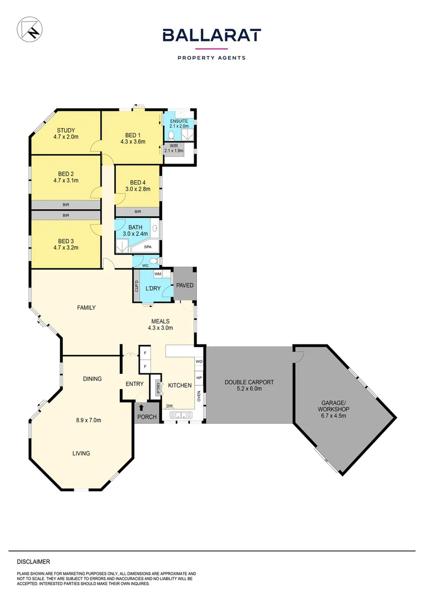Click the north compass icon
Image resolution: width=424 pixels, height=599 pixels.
29,29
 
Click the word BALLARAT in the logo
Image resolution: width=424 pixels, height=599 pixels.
211,35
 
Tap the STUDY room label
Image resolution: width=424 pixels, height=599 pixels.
64,130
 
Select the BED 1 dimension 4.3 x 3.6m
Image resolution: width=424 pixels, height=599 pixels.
133,141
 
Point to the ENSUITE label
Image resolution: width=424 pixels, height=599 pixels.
179,121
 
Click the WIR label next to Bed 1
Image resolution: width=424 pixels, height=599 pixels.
174,146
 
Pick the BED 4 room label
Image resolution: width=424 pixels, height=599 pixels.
138,182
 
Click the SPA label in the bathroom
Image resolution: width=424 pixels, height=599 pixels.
148,247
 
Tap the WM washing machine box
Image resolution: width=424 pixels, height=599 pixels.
158,274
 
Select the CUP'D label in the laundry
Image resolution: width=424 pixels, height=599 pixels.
137,286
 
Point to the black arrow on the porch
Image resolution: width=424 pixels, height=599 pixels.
142,408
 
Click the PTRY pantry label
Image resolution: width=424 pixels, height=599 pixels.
159,388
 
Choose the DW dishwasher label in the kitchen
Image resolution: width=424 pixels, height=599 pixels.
169,405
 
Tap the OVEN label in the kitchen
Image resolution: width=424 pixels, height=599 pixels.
199,396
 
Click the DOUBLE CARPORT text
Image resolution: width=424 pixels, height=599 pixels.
249,382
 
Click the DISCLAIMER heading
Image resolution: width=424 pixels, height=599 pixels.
33,561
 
